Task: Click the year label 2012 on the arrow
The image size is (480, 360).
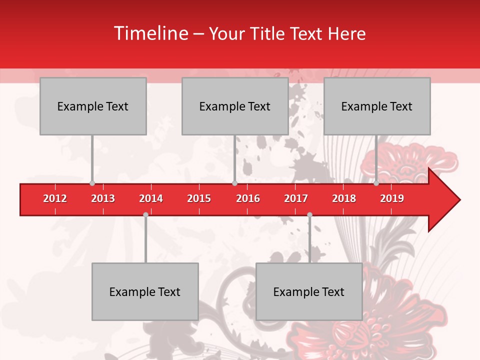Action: tap(55, 198)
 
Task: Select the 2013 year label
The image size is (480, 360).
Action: tap(103, 198)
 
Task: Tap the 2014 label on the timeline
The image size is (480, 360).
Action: tap(151, 198)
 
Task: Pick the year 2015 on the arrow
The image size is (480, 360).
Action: tap(199, 198)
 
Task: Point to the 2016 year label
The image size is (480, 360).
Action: tap(248, 198)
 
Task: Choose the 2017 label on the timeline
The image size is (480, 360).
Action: tap(296, 198)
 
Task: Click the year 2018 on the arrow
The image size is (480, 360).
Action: tap(344, 198)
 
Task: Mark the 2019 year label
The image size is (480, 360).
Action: tap(392, 198)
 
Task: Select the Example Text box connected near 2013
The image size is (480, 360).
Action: tap(93, 106)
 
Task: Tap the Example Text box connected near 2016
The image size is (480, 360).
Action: tap(235, 106)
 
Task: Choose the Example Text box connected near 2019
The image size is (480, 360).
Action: tap(377, 106)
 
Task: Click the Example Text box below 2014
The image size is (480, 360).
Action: tap(145, 291)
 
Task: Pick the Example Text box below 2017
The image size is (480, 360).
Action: tap(309, 291)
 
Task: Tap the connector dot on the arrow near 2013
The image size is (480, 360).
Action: tap(92, 183)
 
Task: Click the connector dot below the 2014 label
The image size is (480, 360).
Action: tap(145, 214)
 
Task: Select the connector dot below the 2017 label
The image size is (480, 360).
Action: tap(309, 214)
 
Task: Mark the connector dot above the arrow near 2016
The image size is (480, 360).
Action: tap(234, 183)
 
